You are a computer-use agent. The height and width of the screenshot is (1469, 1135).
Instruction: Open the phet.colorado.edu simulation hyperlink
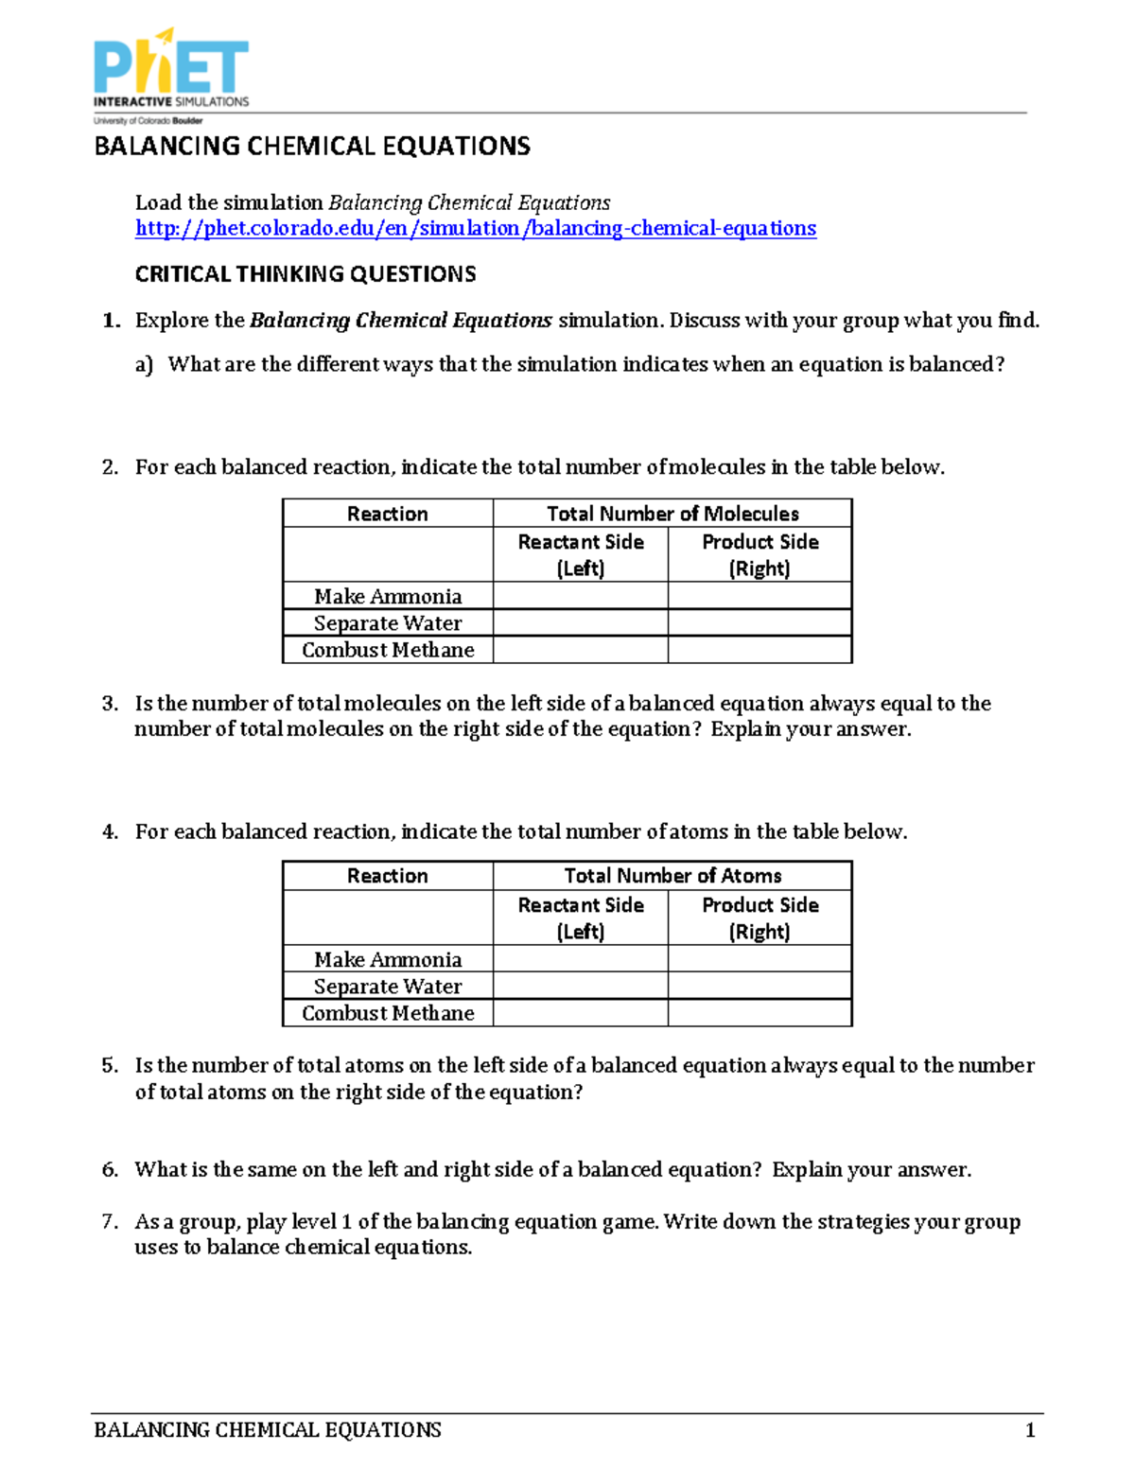pyautogui.click(x=475, y=228)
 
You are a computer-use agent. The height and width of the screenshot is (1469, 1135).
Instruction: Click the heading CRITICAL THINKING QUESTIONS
pyautogui.click(x=305, y=274)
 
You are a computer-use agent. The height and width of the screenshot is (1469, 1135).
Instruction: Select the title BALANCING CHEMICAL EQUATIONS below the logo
pyautogui.click(x=312, y=147)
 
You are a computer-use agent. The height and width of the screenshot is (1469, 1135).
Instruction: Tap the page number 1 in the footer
pyautogui.click(x=1030, y=1429)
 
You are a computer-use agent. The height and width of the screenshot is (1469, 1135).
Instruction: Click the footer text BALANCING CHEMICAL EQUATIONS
pyautogui.click(x=268, y=1429)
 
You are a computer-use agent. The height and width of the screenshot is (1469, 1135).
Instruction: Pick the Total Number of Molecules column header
pyautogui.click(x=672, y=514)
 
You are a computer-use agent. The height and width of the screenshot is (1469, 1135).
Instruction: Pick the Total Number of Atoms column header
pyautogui.click(x=672, y=876)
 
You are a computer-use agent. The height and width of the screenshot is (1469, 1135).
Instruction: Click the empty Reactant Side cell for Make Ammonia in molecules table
pyautogui.click(x=580, y=596)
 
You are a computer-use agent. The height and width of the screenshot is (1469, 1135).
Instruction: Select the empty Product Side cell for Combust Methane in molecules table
pyautogui.click(x=760, y=650)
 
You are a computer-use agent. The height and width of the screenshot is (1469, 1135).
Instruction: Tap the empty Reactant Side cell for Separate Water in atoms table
pyautogui.click(x=580, y=986)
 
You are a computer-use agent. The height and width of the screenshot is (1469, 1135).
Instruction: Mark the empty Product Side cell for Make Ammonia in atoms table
pyautogui.click(x=760, y=959)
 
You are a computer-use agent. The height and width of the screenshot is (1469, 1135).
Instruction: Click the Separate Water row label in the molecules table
pyautogui.click(x=388, y=623)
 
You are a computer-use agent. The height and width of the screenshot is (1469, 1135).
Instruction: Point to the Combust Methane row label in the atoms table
pyautogui.click(x=388, y=1013)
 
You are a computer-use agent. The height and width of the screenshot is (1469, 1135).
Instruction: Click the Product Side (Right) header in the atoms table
pyautogui.click(x=760, y=918)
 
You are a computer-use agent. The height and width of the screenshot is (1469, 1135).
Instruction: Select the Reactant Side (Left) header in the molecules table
pyautogui.click(x=580, y=554)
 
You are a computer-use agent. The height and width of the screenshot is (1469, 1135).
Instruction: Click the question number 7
pyautogui.click(x=110, y=1221)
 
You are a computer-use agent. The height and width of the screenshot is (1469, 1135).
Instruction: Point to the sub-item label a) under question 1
pyautogui.click(x=144, y=365)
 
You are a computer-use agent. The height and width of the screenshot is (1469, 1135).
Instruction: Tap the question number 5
pyautogui.click(x=110, y=1066)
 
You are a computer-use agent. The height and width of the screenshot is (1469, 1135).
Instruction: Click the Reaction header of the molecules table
pyautogui.click(x=388, y=514)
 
